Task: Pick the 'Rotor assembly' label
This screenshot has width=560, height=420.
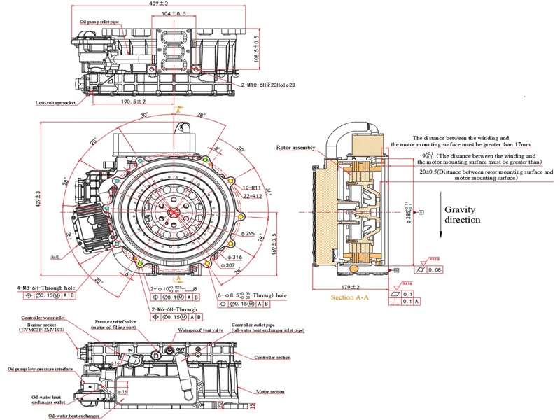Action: pos(296,147)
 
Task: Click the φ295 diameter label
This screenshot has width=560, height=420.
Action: pos(247,233)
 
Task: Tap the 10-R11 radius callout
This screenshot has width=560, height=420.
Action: pos(232,188)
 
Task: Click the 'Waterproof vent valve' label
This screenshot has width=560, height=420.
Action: pos(199,330)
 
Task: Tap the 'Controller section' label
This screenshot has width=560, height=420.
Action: pos(273,358)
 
